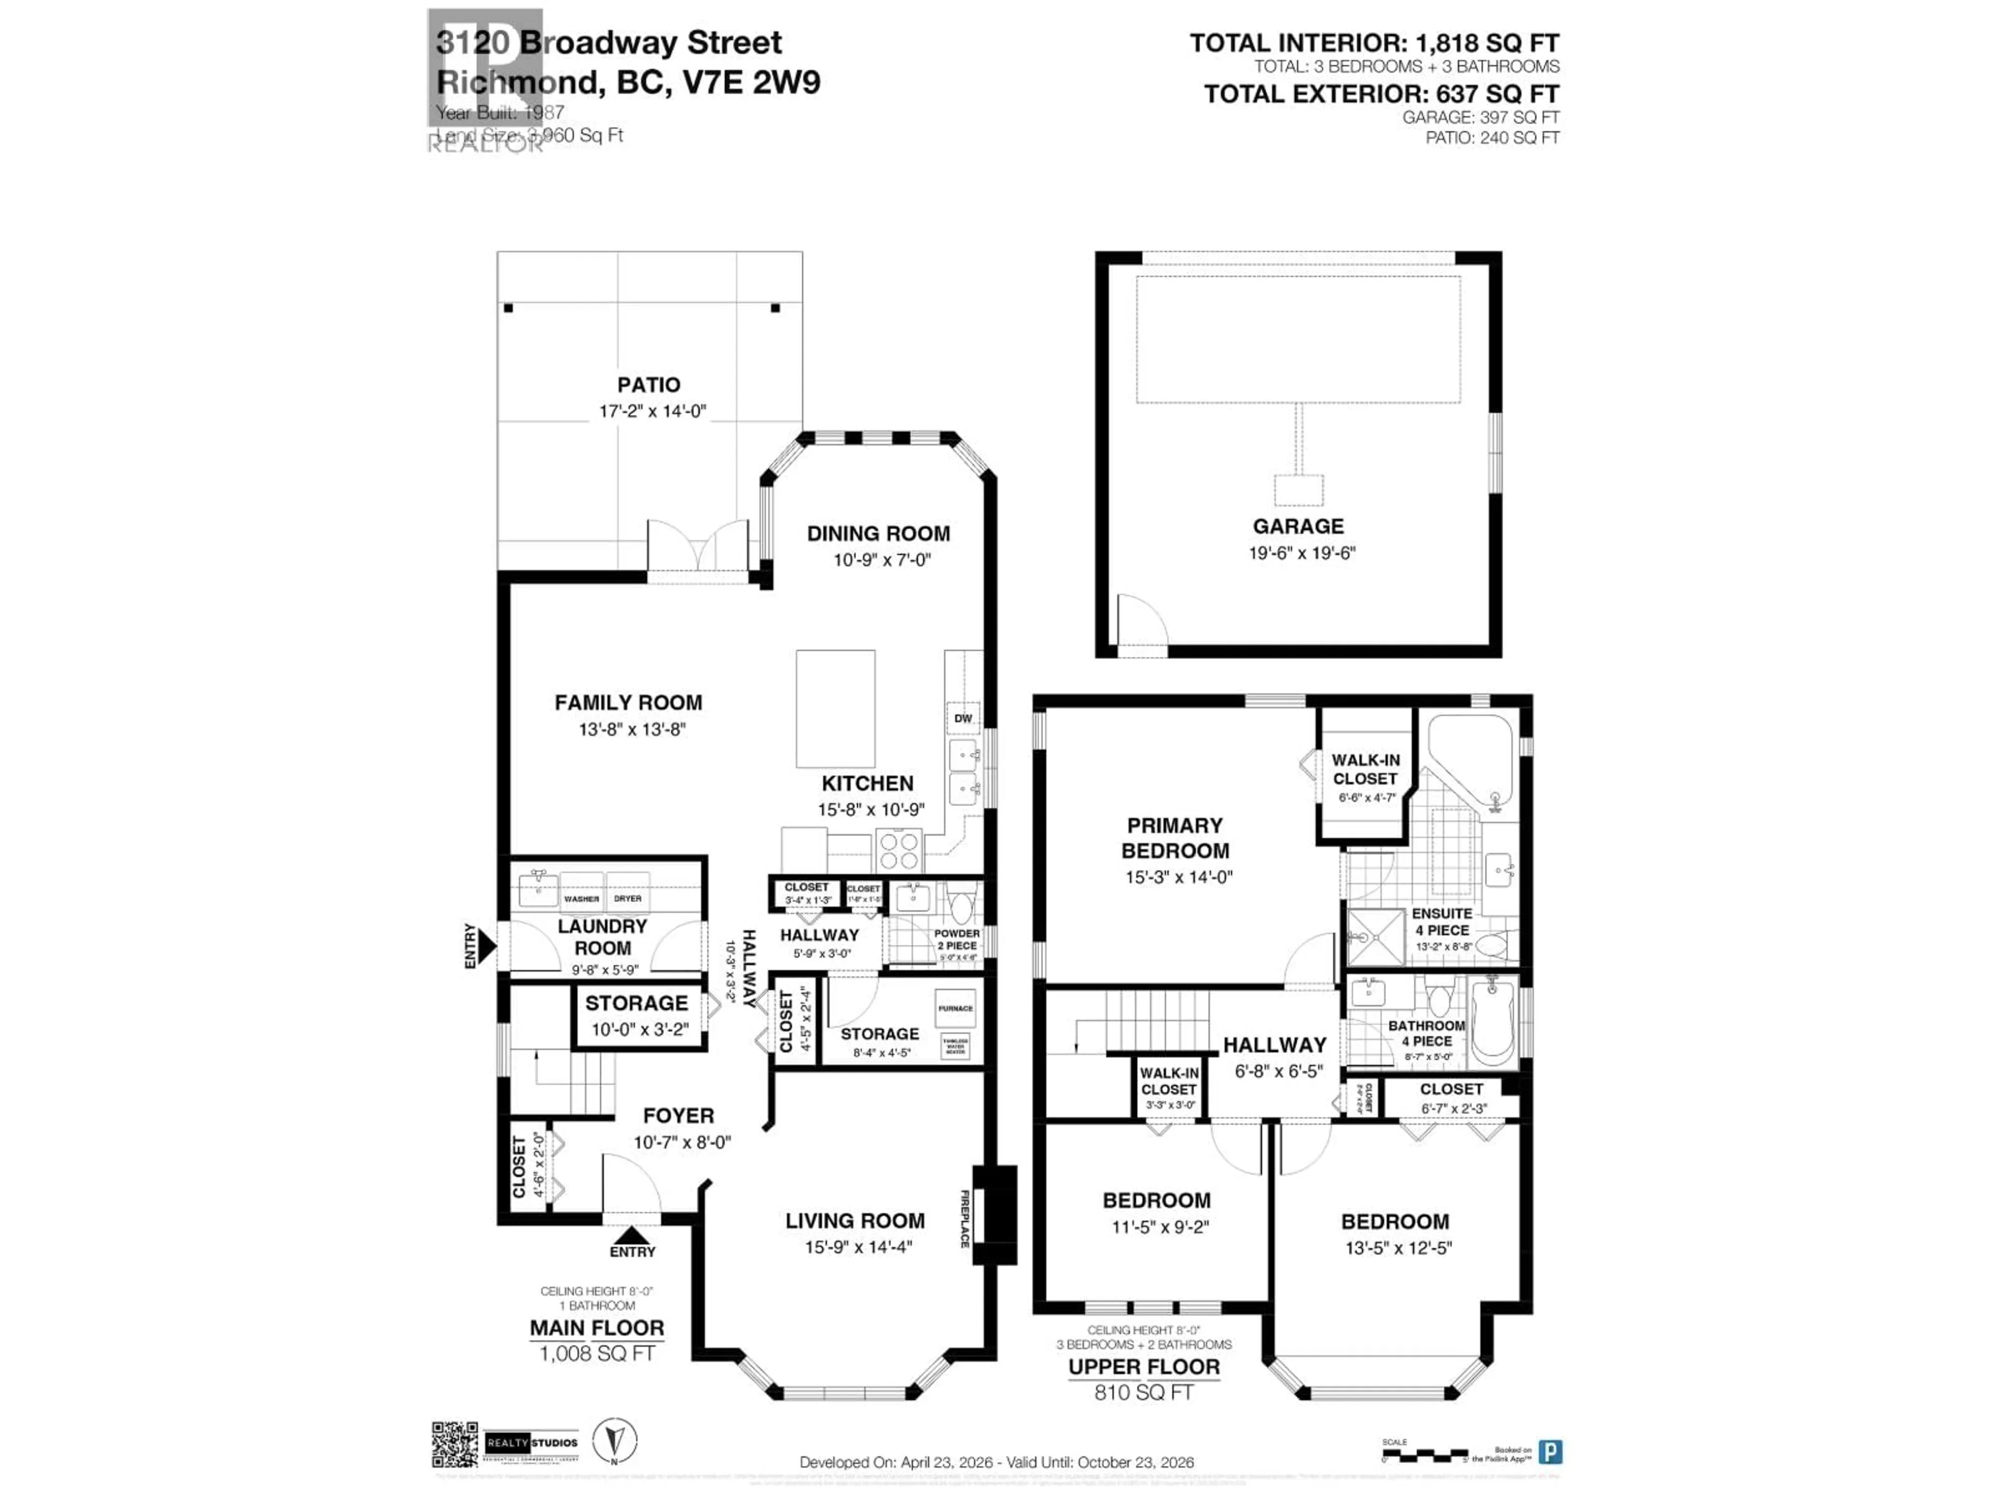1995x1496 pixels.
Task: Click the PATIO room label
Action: (648, 385)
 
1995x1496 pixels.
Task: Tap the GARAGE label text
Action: (1298, 527)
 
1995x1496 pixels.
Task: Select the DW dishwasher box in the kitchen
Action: (963, 718)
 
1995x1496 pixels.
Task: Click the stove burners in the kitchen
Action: (898, 849)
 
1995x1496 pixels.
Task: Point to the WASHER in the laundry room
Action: (582, 892)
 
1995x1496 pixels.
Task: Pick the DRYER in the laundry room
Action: (628, 892)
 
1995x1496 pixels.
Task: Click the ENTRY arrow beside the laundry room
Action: (486, 946)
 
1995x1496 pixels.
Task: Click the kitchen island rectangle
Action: (835, 709)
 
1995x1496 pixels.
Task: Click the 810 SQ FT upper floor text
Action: (1143, 1392)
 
